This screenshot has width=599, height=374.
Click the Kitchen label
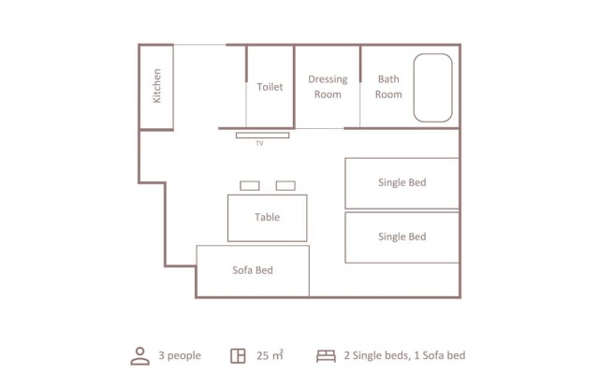tap(156, 86)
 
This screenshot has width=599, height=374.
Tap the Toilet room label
tap(270, 87)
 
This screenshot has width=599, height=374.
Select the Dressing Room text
tap(328, 87)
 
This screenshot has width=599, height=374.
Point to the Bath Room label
tap(388, 87)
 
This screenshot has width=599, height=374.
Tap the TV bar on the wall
tap(262, 136)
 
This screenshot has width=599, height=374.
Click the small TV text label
tap(259, 143)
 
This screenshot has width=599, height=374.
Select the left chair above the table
tap(250, 186)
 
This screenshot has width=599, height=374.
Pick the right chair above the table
tap(285, 186)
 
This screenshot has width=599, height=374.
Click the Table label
tap(268, 217)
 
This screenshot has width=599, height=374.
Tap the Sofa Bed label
tap(253, 270)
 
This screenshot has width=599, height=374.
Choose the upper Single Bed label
tap(402, 182)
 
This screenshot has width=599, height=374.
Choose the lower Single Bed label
tap(402, 237)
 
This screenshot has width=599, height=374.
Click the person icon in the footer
tap(140, 356)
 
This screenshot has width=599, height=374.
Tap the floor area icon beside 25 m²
tap(238, 356)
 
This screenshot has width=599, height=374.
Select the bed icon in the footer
tap(327, 356)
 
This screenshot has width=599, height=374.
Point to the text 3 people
tap(180, 355)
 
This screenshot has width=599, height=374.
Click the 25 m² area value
tap(270, 355)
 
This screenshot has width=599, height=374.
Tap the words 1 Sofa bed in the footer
tap(440, 355)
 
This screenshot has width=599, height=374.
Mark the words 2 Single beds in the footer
tap(377, 355)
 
